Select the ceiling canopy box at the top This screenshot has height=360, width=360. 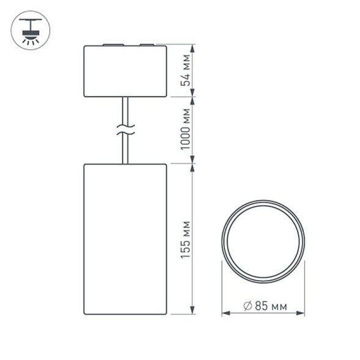point(125,71)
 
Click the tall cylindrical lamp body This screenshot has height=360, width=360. point(125,238)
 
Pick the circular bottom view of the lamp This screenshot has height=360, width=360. point(263,241)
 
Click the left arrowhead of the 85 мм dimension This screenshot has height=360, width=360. point(224,313)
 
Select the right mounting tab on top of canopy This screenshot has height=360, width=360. point(147,45)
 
